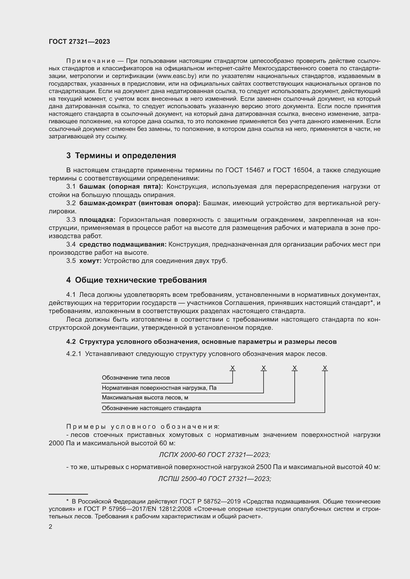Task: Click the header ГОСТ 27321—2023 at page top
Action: click(79, 42)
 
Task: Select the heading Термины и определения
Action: click(125, 156)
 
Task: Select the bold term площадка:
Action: click(97, 220)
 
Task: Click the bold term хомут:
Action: click(90, 261)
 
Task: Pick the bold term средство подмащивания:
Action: click(123, 244)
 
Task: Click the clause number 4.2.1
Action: click(74, 354)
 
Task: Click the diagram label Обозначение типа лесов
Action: click(136, 378)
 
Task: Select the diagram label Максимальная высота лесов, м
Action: click(145, 398)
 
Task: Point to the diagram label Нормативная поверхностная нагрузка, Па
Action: click(159, 388)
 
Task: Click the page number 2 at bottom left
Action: click(51, 527)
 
